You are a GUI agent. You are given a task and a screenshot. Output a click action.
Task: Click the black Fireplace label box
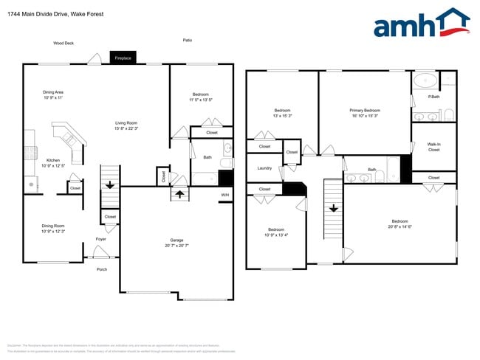(x=123, y=58)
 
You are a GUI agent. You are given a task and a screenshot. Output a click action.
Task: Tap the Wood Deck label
(x=64, y=44)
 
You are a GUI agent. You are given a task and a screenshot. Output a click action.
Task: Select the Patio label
(x=188, y=40)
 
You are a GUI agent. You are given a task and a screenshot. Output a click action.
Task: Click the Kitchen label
(x=53, y=160)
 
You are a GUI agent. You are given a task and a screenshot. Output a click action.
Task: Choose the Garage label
(x=177, y=240)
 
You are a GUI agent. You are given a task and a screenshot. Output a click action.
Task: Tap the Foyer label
(x=101, y=239)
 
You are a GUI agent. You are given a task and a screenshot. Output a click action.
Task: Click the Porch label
(x=102, y=269)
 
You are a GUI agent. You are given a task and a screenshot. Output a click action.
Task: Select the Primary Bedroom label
(x=365, y=111)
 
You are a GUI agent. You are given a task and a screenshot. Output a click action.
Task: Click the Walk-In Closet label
(x=433, y=147)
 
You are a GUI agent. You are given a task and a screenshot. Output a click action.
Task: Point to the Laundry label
(x=265, y=168)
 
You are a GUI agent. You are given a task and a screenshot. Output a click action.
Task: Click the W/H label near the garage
(x=225, y=195)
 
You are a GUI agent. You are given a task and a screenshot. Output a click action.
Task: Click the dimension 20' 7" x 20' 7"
(x=177, y=246)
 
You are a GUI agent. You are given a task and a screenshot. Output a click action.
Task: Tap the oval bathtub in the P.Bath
(x=425, y=80)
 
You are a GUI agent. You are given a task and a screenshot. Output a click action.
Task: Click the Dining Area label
(x=53, y=92)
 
